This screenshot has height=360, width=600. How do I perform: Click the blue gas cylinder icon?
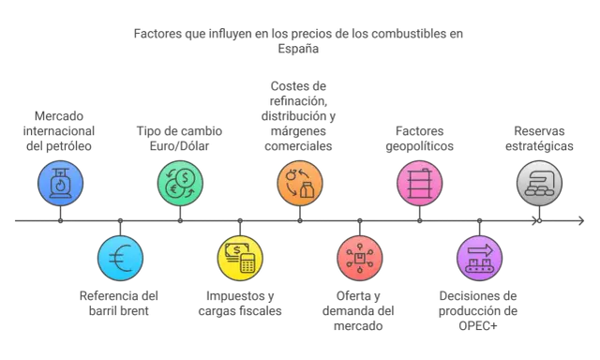(60, 183)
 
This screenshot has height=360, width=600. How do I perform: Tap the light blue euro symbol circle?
(121, 258)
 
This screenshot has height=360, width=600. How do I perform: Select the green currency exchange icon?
(180, 183)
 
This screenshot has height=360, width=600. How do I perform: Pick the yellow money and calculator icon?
(240, 258)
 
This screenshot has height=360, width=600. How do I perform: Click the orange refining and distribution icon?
(300, 183)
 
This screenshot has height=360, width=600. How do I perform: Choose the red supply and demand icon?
(360, 258)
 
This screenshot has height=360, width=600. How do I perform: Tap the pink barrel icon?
(420, 183)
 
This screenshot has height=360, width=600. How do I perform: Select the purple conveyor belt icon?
(479, 258)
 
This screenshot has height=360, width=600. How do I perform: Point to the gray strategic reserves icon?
(540, 183)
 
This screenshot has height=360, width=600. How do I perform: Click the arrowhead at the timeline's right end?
(581, 220)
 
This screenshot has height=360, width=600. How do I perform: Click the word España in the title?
(298, 49)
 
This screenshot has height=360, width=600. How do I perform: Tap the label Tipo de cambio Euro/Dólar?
(179, 139)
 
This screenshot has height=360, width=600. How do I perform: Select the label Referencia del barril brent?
(119, 303)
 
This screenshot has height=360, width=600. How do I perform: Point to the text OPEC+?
(478, 325)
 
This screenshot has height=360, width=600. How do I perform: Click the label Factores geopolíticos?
(420, 139)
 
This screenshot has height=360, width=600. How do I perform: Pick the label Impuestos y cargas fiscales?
(240, 303)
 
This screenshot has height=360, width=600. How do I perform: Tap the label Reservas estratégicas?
(540, 139)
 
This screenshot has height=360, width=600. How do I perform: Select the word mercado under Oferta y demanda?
(358, 326)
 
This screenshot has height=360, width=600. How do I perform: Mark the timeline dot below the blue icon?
(60, 220)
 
